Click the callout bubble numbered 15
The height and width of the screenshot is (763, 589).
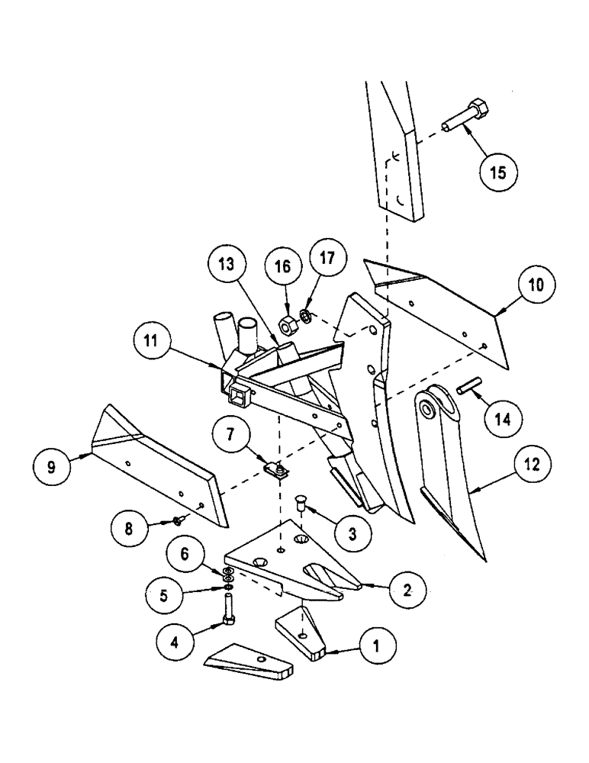pos(497,173)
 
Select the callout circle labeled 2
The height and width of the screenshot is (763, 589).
pos(404,588)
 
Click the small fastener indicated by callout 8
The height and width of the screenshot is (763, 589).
pos(177,520)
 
